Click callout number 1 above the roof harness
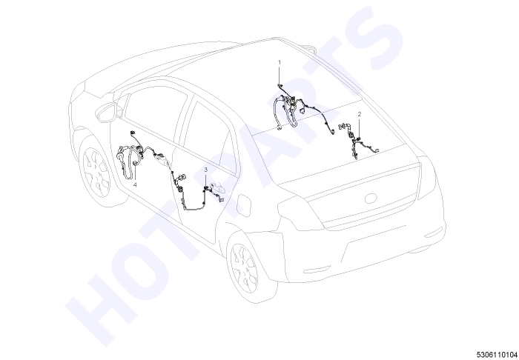click(280, 62)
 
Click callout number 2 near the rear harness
click(360, 114)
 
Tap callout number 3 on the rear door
click(206, 170)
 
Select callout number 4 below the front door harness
click(135, 184)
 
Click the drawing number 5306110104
click(497, 354)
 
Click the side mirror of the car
click(108, 112)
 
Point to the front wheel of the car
click(96, 172)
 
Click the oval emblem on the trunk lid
click(371, 199)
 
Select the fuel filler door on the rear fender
click(244, 206)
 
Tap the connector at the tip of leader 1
click(280, 86)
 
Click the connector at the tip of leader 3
click(206, 188)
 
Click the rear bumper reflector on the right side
click(433, 233)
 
